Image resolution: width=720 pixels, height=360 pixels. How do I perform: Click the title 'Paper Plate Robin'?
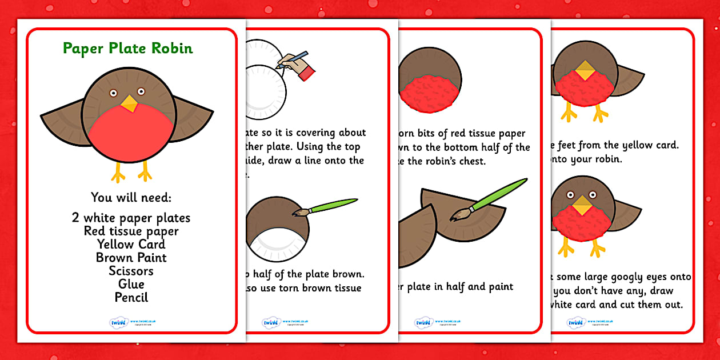(127, 48)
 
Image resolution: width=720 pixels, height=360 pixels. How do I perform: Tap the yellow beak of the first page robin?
(129, 103)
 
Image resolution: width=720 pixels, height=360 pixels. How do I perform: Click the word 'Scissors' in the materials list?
(131, 271)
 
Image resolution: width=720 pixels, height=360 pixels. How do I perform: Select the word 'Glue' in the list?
(131, 284)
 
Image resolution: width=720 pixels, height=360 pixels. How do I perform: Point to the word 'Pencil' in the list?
(131, 297)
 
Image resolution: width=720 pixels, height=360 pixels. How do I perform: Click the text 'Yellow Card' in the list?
(131, 244)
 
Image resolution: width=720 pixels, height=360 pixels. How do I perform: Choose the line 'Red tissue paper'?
(131, 231)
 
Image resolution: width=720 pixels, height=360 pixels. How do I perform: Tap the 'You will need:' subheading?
(131, 198)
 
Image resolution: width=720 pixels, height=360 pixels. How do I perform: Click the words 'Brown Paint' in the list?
(131, 258)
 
